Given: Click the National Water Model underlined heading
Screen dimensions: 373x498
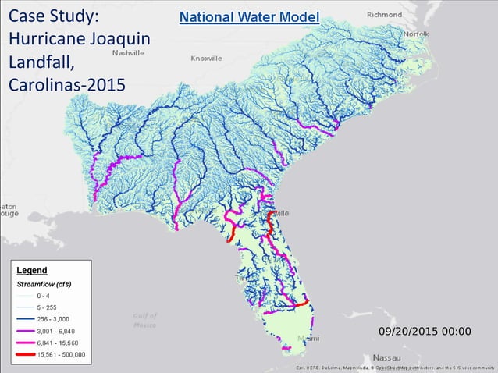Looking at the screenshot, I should click(249, 16).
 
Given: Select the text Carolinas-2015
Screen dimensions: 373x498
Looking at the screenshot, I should click(66, 84).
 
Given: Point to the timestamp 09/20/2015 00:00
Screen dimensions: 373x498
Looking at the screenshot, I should click(424, 332).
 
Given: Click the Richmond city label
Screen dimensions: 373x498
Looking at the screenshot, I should click(384, 14).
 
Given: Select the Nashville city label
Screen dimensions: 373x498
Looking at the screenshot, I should click(129, 53).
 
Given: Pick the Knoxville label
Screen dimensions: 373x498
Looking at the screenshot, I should click(206, 58).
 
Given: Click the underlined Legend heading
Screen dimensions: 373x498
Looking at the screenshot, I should click(32, 270).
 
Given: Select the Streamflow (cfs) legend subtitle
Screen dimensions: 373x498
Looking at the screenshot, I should click(44, 284).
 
